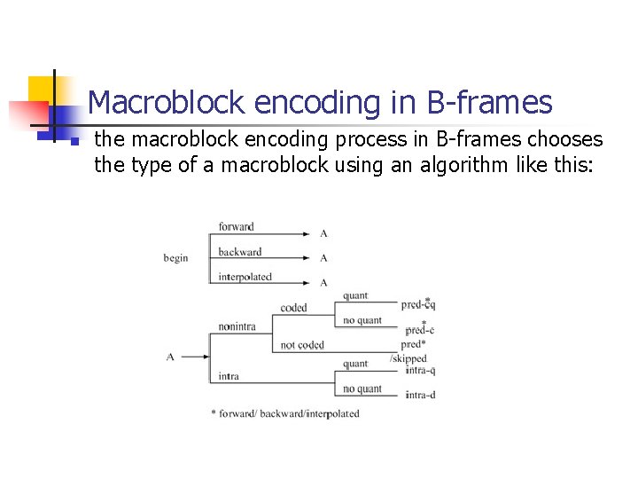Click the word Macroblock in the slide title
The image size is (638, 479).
tap(167, 104)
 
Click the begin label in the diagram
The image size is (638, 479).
tap(175, 258)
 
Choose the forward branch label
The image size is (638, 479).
tap(237, 227)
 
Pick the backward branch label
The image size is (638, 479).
tap(240, 252)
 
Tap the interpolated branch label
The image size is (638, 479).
tap(245, 277)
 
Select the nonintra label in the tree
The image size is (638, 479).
tap(237, 326)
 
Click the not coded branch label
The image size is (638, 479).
tap(302, 345)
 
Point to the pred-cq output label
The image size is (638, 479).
tap(418, 304)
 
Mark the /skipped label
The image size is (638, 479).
tap(408, 358)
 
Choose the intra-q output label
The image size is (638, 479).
tap(420, 370)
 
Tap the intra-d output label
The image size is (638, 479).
tap(420, 395)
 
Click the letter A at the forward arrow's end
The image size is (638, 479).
tap(323, 233)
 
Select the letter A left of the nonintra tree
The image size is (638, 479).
tap(170, 357)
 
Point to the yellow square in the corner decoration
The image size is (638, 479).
tap(42, 90)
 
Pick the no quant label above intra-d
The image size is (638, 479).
tap(362, 389)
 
